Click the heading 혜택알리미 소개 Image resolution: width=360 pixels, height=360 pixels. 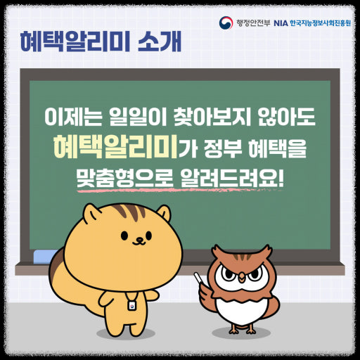101,41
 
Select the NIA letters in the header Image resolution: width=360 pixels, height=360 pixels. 280,22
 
